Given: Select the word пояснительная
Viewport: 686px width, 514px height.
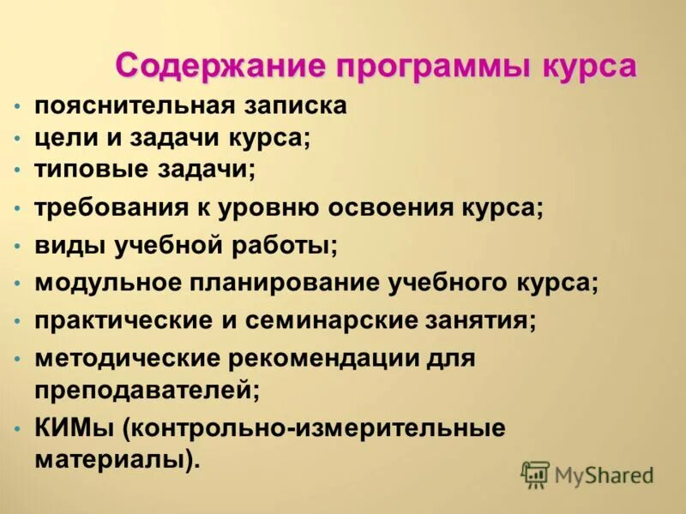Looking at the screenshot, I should click(x=134, y=106).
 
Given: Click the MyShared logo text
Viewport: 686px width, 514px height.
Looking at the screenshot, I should click(x=604, y=475).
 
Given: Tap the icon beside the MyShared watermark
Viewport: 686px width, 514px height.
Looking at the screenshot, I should click(x=535, y=474).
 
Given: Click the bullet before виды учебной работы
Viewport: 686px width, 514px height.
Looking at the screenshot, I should click(x=18, y=247).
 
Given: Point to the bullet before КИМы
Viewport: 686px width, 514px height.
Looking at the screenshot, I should click(x=18, y=427).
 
